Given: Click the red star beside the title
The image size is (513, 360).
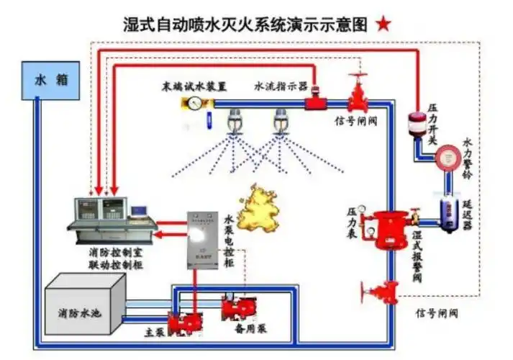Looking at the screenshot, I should (x=383, y=24).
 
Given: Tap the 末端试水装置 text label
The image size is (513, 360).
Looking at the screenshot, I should (x=194, y=87).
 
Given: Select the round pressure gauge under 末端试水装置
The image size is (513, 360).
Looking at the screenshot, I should (x=194, y=103).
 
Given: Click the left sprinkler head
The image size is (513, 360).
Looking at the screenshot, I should (x=234, y=122).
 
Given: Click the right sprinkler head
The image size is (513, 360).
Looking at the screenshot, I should (x=280, y=122).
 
